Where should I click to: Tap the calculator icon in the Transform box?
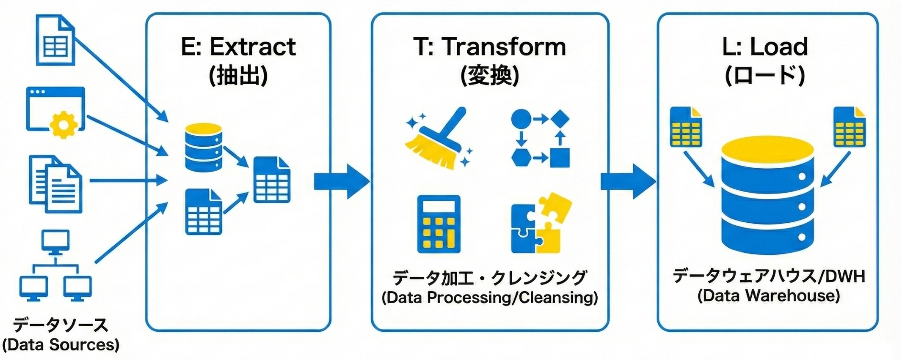pyautogui.click(x=439, y=224)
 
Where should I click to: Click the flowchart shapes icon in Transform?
pyautogui.click(x=540, y=138)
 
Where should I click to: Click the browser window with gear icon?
pyautogui.click(x=55, y=111)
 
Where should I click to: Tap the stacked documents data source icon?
pyautogui.click(x=55, y=184)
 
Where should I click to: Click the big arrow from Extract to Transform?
pyautogui.click(x=341, y=181)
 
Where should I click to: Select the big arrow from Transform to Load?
pyautogui.click(x=627, y=181)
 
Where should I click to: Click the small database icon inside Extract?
pyautogui.click(x=203, y=147)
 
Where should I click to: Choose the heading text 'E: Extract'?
pyautogui.click(x=238, y=46)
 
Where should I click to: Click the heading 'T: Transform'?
pyautogui.click(x=490, y=46)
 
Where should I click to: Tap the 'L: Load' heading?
pyautogui.click(x=765, y=46)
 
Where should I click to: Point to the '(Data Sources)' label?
pyautogui.click(x=61, y=345)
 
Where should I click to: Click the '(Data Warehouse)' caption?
pyautogui.click(x=769, y=295)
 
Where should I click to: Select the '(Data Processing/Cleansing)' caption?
pyautogui.click(x=490, y=297)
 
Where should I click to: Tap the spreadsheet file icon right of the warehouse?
pyautogui.click(x=849, y=127)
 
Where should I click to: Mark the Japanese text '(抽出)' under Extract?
pyautogui.click(x=238, y=75)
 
